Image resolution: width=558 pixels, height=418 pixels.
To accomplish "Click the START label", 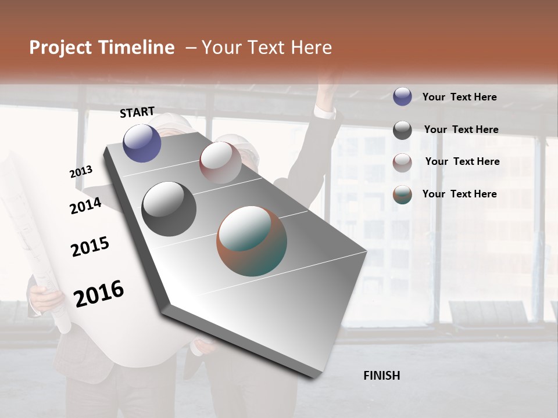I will (x=137, y=112).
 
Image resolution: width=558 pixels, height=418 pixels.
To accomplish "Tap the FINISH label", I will (x=381, y=376).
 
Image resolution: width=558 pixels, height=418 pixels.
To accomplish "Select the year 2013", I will (x=81, y=172).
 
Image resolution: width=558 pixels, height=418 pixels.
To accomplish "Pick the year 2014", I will (x=85, y=206).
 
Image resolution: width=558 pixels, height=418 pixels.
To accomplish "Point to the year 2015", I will (x=90, y=247).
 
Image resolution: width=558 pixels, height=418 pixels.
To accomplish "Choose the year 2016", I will (x=98, y=293).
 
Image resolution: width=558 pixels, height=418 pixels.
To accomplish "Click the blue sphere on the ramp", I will (x=142, y=143).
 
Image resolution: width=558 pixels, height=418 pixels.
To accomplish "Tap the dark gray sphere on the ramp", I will (x=169, y=209).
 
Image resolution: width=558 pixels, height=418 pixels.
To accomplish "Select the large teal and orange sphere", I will (x=252, y=241).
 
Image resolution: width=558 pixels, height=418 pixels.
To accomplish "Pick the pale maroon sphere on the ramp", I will (x=220, y=163).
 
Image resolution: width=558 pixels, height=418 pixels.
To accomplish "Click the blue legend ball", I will (x=402, y=96).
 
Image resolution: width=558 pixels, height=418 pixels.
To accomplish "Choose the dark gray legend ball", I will (x=402, y=130).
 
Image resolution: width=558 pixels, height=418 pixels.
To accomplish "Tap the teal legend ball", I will (x=402, y=194).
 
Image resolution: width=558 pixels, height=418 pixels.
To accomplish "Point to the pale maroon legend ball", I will (x=402, y=163).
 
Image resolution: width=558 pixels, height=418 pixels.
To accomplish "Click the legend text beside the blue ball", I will (x=459, y=97).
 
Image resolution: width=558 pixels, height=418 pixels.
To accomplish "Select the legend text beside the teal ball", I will (x=459, y=194).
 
